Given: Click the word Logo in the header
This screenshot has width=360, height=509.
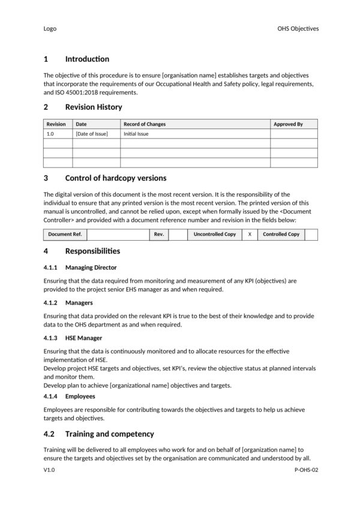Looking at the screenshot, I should [x=50, y=28].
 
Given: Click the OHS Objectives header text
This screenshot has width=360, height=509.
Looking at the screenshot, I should [x=298, y=28].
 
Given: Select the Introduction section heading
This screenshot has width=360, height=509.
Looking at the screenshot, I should [x=87, y=59].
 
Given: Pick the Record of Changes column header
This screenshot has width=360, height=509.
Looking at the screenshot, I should [x=145, y=124].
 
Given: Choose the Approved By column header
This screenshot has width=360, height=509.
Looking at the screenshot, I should [x=288, y=124].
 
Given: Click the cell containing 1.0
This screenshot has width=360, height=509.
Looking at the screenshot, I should [x=50, y=134].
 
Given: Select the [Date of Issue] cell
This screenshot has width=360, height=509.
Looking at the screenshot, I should [x=91, y=134].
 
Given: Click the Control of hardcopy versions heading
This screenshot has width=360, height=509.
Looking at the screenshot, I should [x=115, y=178].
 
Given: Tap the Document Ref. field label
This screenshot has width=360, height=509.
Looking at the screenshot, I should [x=65, y=234].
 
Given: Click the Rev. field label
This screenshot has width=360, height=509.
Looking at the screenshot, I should [x=159, y=234].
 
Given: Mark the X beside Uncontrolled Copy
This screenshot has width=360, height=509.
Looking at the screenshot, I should [x=250, y=234].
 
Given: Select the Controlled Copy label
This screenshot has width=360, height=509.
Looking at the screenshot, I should [x=281, y=234].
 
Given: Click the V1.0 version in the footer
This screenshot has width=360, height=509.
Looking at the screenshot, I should [x=50, y=472].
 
